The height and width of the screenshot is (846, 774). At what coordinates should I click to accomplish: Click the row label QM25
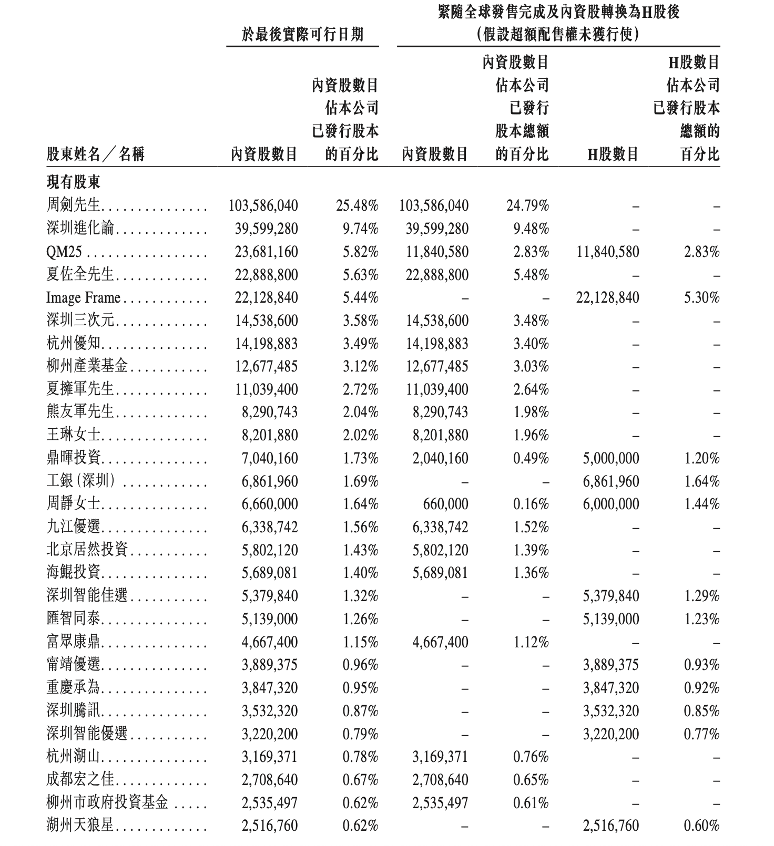[x=64, y=252]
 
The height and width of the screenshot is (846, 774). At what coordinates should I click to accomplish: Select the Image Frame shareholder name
[x=83, y=298]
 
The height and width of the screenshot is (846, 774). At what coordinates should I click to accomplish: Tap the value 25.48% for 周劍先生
[x=357, y=205]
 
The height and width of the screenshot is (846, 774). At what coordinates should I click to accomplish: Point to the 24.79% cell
[x=527, y=205]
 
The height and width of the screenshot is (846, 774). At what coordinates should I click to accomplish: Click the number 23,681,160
[x=266, y=252]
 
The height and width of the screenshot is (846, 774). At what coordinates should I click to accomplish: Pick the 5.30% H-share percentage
[x=701, y=298]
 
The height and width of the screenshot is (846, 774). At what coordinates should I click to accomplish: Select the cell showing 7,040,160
[x=270, y=458]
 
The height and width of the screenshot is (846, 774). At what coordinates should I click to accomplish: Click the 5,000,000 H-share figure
[x=611, y=458]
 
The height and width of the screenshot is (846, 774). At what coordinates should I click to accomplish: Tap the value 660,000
[x=445, y=504]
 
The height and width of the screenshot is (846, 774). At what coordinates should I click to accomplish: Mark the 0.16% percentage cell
[x=531, y=504]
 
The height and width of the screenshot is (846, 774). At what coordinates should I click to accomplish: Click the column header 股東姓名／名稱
[x=95, y=154]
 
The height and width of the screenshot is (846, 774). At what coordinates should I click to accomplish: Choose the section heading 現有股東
[x=73, y=182]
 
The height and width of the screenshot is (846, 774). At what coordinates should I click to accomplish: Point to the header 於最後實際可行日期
[x=302, y=35]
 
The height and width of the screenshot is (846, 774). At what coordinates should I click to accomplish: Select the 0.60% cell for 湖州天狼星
[x=701, y=826]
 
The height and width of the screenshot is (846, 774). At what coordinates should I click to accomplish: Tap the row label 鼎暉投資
[x=73, y=458]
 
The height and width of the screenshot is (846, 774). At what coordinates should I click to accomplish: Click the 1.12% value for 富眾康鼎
[x=531, y=642]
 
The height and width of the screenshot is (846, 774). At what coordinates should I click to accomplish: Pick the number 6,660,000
[x=270, y=504]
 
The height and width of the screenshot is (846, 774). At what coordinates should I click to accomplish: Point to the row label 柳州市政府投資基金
[x=107, y=803]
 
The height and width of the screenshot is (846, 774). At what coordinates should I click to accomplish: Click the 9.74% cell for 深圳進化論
[x=360, y=229]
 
